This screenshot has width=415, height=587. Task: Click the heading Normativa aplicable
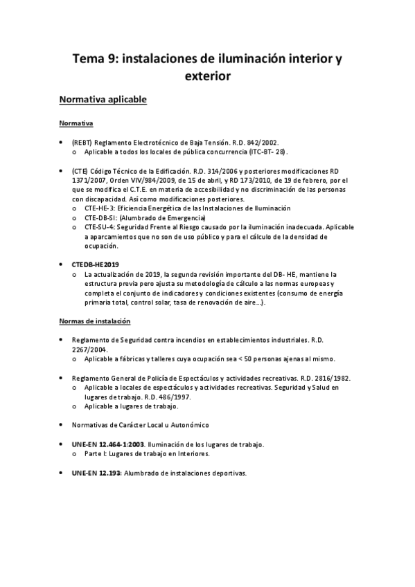(x=103, y=100)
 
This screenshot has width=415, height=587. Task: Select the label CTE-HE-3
(x=99, y=208)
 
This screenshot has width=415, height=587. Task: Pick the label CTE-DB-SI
(x=100, y=217)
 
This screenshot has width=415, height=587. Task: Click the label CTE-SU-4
(x=100, y=227)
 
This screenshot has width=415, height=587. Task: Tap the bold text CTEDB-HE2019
(x=96, y=264)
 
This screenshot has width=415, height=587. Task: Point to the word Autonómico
(x=188, y=424)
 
